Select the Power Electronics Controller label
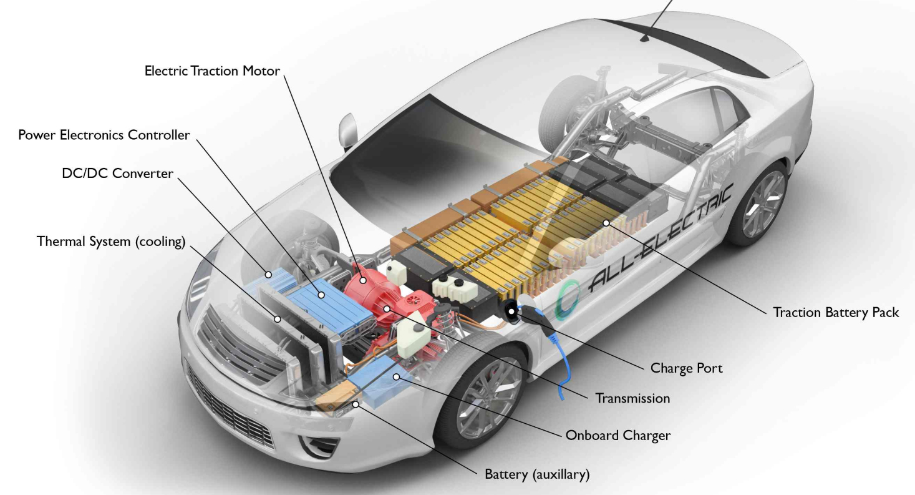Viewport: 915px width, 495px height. point(104,135)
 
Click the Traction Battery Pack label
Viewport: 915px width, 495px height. point(836,312)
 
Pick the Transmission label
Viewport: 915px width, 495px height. point(632,398)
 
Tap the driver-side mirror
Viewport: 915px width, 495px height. point(346,130)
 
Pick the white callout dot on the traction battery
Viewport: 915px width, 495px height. point(606,222)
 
